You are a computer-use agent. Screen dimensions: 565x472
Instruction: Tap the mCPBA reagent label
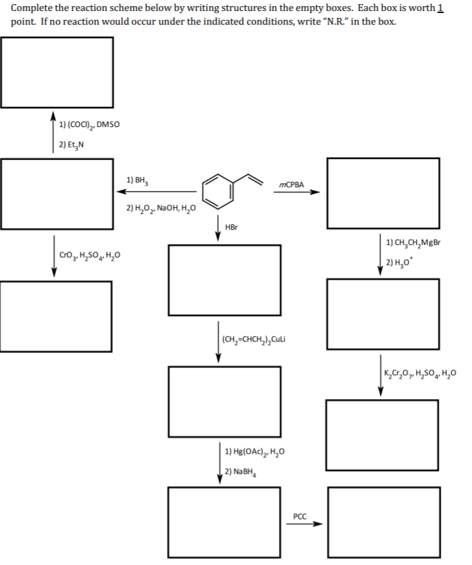(292, 184)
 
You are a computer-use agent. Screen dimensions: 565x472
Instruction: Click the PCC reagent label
(299, 515)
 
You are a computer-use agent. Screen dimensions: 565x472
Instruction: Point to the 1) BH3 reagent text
(137, 180)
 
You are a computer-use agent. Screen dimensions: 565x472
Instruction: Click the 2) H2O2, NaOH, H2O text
(160, 208)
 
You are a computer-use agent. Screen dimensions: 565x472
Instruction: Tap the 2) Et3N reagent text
(71, 144)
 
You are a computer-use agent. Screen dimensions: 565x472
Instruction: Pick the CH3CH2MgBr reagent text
(415, 242)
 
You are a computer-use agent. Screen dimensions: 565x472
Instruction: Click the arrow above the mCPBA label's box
(296, 193)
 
